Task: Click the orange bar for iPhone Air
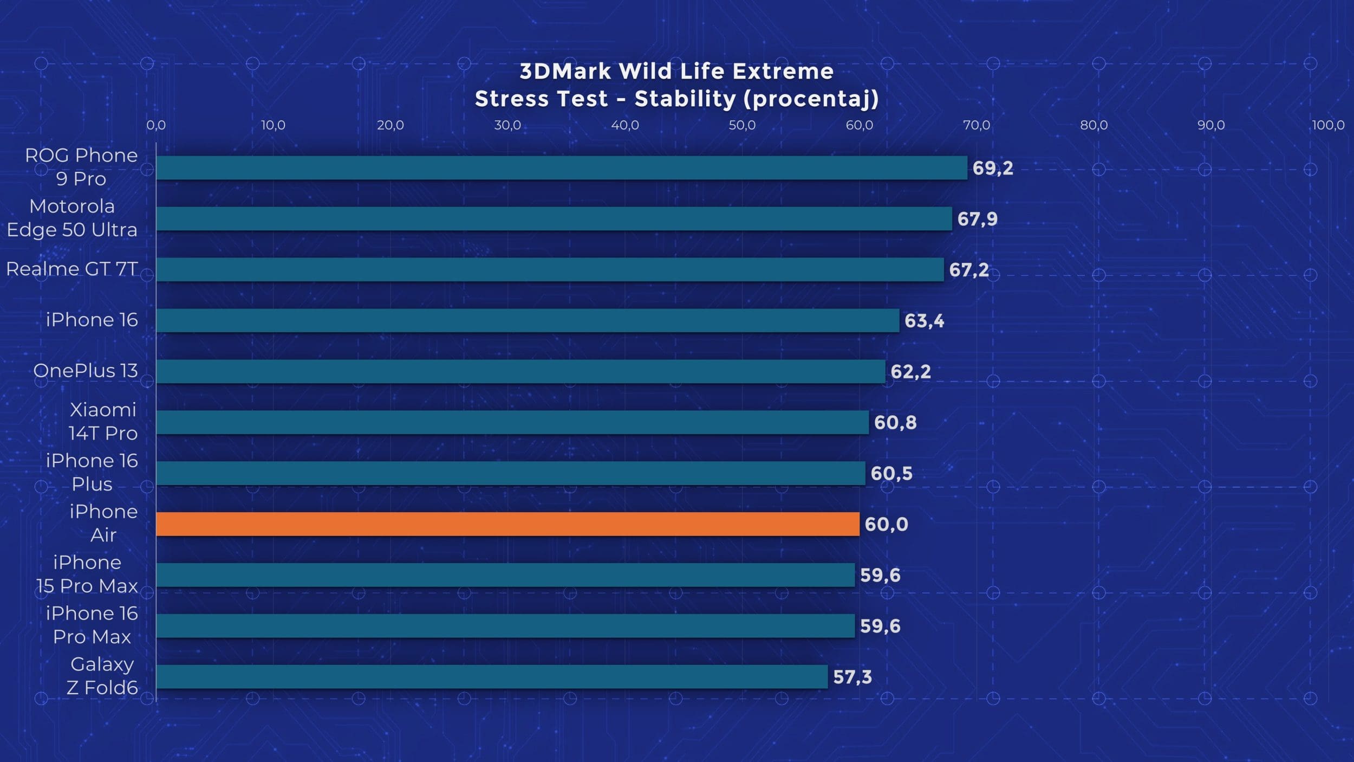click(507, 524)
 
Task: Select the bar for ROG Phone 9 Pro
click(562, 168)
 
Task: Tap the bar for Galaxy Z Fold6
click(492, 677)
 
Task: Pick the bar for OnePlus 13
click(520, 371)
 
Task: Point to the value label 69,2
click(992, 168)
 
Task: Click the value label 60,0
click(886, 524)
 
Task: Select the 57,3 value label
click(852, 677)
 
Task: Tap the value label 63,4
click(924, 321)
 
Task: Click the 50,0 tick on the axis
click(741, 125)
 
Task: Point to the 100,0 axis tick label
click(1328, 125)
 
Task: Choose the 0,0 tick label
click(156, 125)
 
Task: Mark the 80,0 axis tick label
click(1093, 125)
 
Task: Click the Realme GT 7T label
click(72, 269)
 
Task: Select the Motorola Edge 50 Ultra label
click(72, 218)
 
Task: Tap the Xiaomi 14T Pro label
click(103, 421)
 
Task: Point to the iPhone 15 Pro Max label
click(87, 574)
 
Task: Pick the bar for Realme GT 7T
click(550, 269)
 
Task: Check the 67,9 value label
click(977, 219)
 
